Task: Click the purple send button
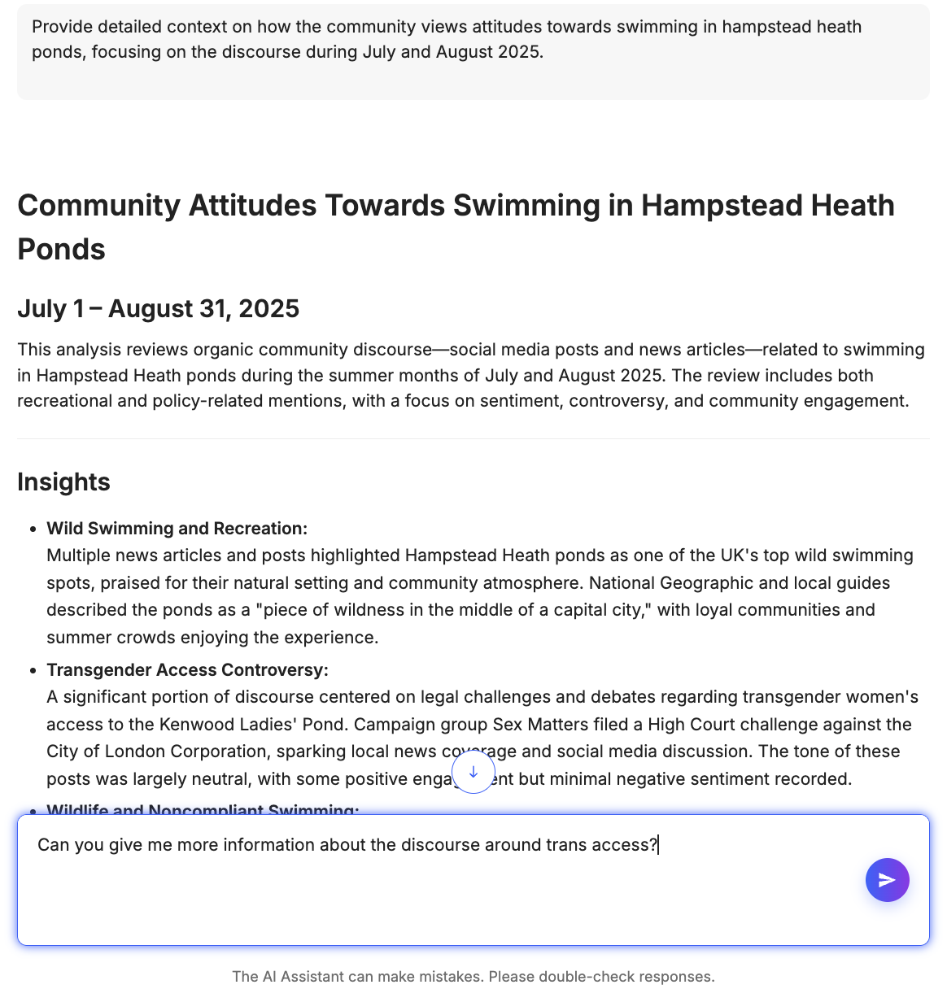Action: [887, 880]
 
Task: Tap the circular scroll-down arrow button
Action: [473, 772]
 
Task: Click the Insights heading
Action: [63, 481]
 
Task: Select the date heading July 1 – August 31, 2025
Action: [158, 309]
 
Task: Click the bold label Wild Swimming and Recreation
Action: [177, 529]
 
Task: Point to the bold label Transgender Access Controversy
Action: [187, 670]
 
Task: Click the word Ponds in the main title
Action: [61, 249]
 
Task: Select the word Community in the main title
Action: [98, 206]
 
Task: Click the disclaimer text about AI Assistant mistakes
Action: [473, 976]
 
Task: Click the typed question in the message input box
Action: [347, 845]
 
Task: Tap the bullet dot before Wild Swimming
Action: [33, 529]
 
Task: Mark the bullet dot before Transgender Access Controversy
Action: [33, 671]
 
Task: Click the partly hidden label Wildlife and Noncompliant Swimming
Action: [203, 809]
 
